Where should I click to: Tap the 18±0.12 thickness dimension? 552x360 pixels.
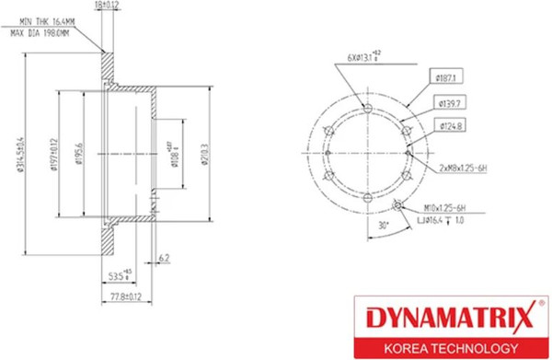click(x=107, y=6)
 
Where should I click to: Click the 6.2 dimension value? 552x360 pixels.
click(x=164, y=260)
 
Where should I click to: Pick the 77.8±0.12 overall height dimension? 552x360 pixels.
click(x=123, y=296)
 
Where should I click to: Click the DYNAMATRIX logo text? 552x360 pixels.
click(x=444, y=319)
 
